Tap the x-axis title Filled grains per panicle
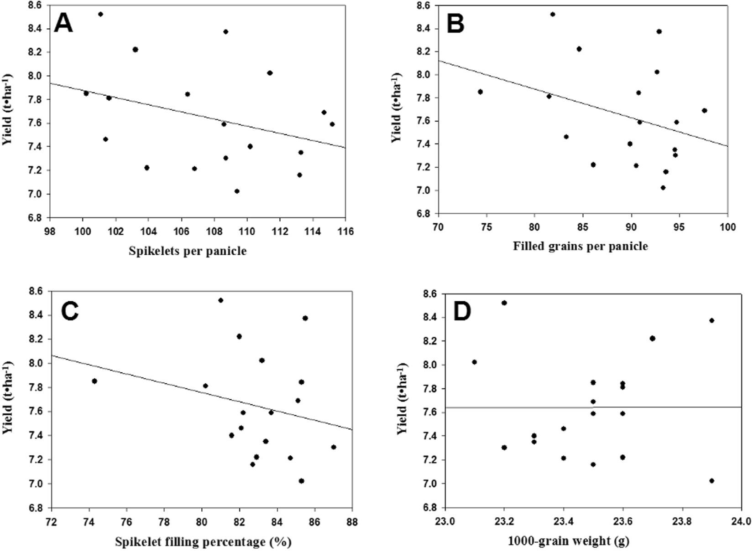tap(580, 247)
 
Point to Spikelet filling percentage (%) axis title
tap(203, 542)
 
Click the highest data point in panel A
tap(100, 14)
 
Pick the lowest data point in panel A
tap(237, 191)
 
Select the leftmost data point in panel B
tap(480, 92)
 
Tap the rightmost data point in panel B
tap(704, 110)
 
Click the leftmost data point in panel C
tap(94, 381)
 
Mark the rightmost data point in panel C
tap(334, 447)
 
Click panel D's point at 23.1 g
tap(474, 362)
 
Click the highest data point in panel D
tap(504, 303)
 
